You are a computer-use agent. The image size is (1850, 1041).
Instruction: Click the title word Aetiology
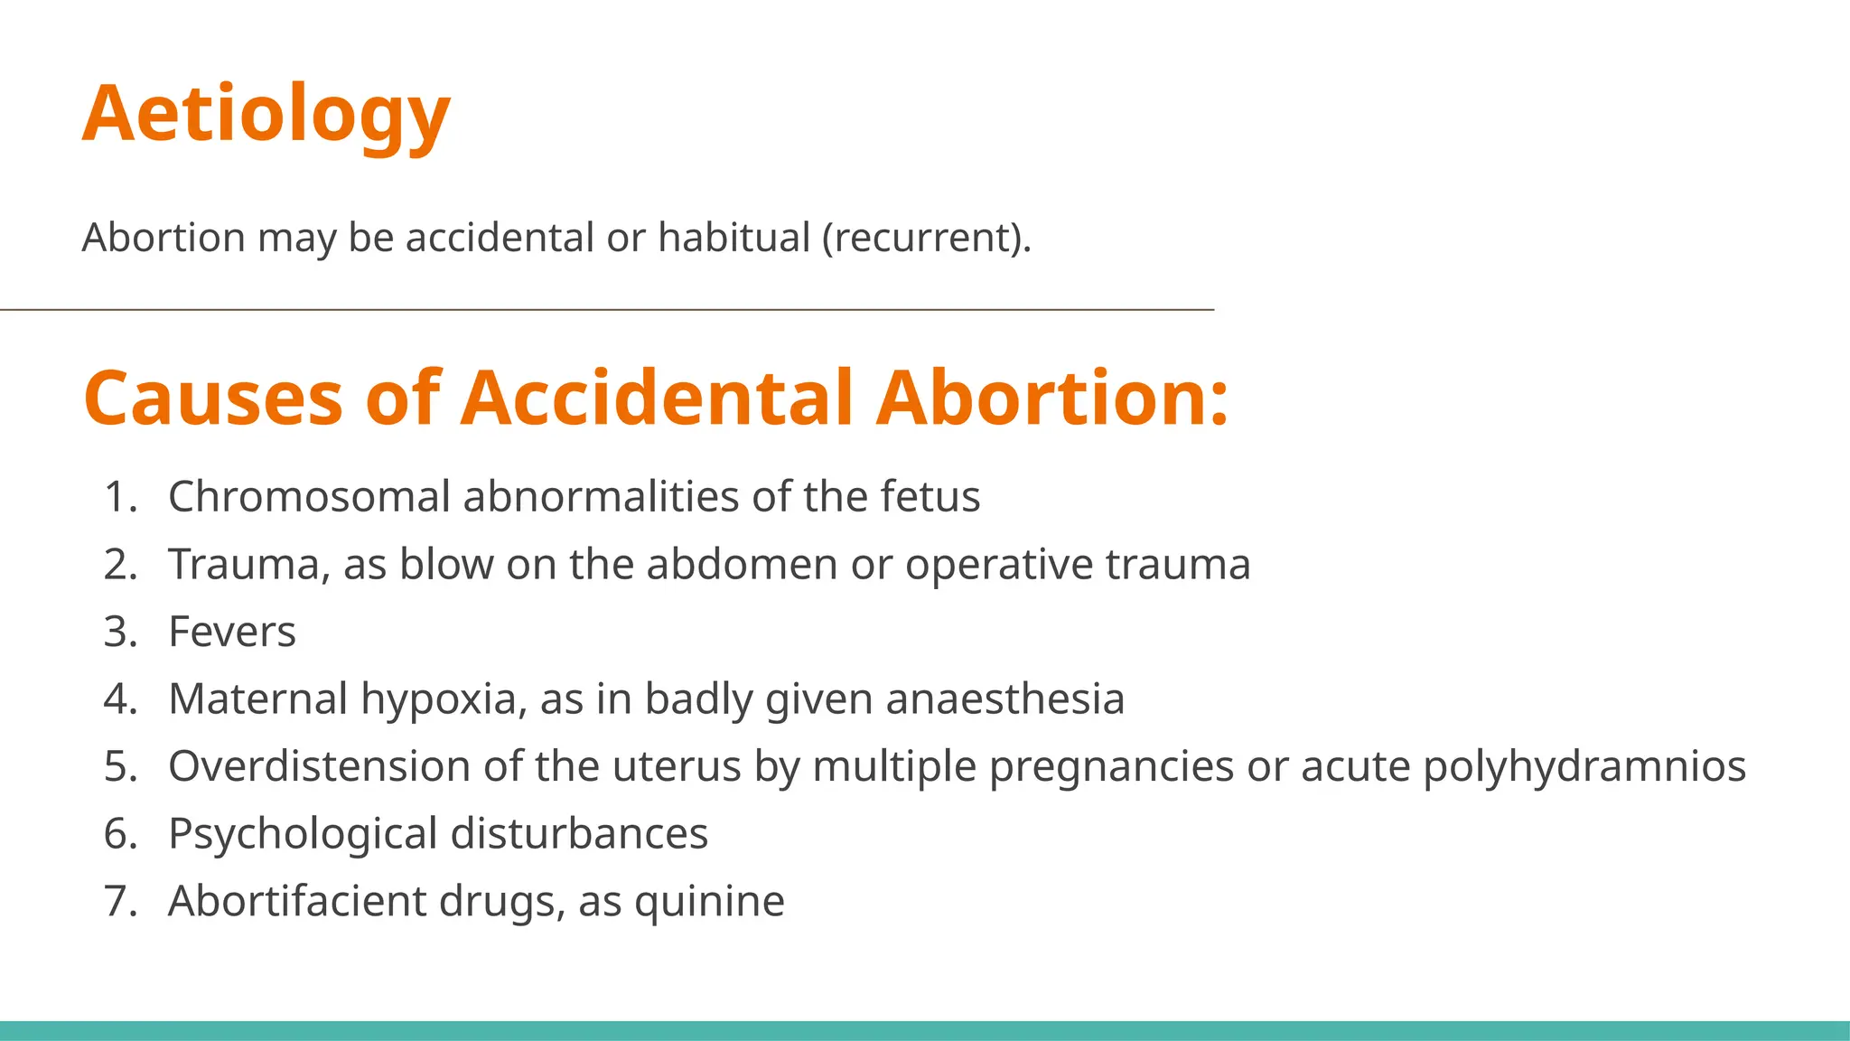pos(266,114)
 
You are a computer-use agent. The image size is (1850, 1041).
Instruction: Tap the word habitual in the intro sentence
pos(733,238)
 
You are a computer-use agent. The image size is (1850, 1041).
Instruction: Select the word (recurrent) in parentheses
pos(926,238)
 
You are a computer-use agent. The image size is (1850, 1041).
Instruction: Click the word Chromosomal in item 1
pos(309,496)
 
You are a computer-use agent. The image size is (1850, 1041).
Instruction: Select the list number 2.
pos(120,564)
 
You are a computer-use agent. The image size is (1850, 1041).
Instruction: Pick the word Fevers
pos(232,632)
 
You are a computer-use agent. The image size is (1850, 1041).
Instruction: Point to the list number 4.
pos(120,699)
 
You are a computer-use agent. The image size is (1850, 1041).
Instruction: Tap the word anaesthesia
pos(1005,699)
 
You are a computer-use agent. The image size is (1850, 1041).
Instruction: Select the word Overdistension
pos(319,766)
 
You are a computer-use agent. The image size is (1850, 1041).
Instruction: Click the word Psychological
pos(303,834)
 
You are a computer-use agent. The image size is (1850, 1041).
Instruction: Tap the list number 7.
pos(120,901)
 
